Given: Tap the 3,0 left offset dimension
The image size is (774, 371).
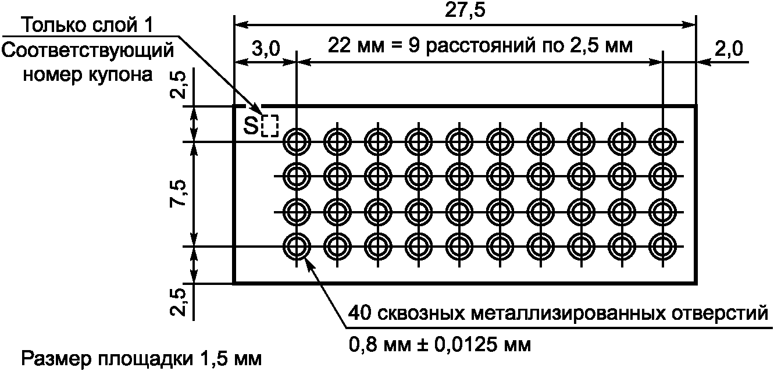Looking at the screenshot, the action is pos(265,49).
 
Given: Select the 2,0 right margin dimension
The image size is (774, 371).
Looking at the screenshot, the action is pos(729,49).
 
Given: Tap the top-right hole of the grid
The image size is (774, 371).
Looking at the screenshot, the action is pos(663,141).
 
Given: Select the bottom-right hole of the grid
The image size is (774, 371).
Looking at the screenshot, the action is pos(663,247).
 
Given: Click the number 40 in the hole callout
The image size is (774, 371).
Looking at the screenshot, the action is pos(359,315).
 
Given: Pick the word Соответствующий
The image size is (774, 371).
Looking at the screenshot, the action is pos(88,51).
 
